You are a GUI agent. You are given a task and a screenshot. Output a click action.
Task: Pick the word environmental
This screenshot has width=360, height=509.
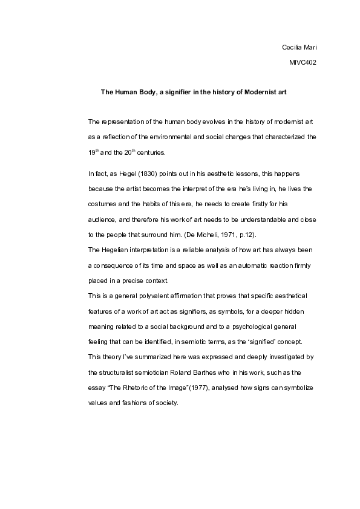[185, 137]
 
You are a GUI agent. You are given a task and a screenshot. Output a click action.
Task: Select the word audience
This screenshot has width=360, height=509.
[103, 218]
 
